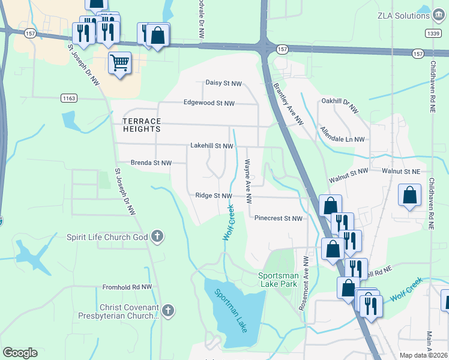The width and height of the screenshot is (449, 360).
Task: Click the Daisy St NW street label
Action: coord(223,83)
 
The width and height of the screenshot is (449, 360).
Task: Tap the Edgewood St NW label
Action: coord(209,103)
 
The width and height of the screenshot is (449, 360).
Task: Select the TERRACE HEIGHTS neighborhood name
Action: coord(142,125)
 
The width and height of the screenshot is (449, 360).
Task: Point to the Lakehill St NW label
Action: coord(211,146)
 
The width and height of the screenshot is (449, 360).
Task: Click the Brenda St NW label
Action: coord(151,163)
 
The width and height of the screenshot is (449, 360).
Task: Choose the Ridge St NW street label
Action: coord(213,196)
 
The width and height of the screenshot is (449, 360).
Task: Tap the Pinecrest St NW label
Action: coord(278,218)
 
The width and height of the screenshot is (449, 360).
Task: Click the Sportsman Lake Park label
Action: coord(277,279)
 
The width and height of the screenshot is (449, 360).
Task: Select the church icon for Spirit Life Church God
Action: coord(157,236)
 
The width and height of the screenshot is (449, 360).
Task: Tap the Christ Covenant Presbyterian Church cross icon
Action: coord(168,311)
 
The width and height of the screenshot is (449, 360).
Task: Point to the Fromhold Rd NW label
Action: coord(127,287)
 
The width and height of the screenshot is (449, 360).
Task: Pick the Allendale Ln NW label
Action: coord(342,134)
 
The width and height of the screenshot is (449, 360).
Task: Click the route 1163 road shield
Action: coord(69,97)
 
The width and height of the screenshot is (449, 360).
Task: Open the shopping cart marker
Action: coord(120,62)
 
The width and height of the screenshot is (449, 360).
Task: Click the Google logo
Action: coord(20,353)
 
